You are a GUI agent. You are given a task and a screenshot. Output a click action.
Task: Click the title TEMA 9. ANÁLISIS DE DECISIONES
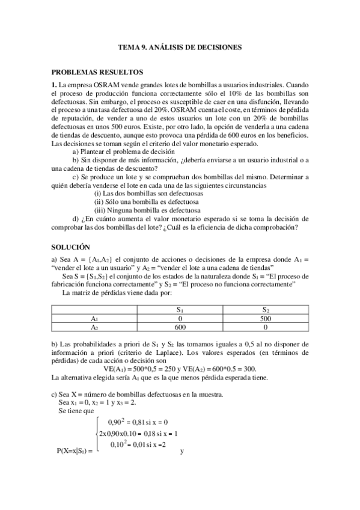coord(180,46)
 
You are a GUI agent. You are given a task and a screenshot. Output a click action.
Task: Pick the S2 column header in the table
coord(266,310)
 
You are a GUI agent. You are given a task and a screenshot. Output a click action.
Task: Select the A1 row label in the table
coord(94,319)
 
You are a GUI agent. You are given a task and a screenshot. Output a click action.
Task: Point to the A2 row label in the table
coord(94,328)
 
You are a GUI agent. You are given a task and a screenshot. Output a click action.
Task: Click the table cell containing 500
coord(266,319)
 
